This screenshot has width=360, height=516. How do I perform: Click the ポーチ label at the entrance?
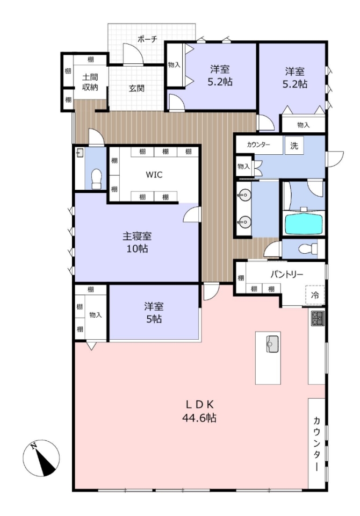[x=147, y=39]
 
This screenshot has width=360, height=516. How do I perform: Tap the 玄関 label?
[x=136, y=88]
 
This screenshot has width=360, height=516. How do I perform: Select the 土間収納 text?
[x=90, y=82]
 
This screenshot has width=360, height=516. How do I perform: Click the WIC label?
[x=154, y=174]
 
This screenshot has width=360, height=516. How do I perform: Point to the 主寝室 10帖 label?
[x=137, y=242]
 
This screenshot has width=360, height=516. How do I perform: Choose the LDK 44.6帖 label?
[x=199, y=411]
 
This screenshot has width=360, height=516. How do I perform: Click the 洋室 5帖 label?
[x=154, y=313]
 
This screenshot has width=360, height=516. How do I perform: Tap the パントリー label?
[x=286, y=274]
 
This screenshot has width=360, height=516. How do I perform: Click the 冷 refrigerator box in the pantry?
[x=315, y=295]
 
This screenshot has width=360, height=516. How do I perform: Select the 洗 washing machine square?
[x=294, y=145]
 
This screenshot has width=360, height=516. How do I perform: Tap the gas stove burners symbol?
[x=318, y=318]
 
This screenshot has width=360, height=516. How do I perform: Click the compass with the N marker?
[x=41, y=458]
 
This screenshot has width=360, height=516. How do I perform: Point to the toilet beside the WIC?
[x=96, y=179]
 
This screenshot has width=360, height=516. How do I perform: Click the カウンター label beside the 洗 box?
[x=258, y=145]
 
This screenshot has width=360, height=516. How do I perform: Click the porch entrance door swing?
[x=133, y=53]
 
